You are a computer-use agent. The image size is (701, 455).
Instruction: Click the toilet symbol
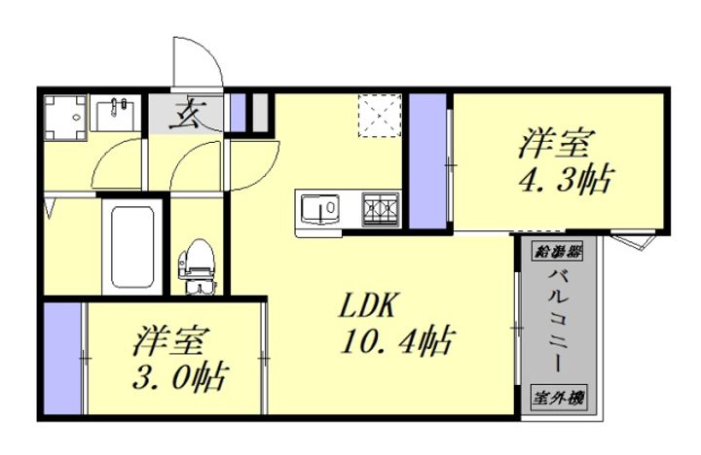(x=199, y=262)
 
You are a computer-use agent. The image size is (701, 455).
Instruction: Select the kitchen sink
(x=319, y=208)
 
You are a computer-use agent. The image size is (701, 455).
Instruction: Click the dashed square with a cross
(x=380, y=116)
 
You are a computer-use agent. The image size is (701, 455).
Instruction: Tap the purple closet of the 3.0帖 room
(x=62, y=361)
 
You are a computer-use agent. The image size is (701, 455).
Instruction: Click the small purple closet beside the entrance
(x=238, y=113)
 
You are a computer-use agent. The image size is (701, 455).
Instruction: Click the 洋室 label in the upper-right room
(x=554, y=144)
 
